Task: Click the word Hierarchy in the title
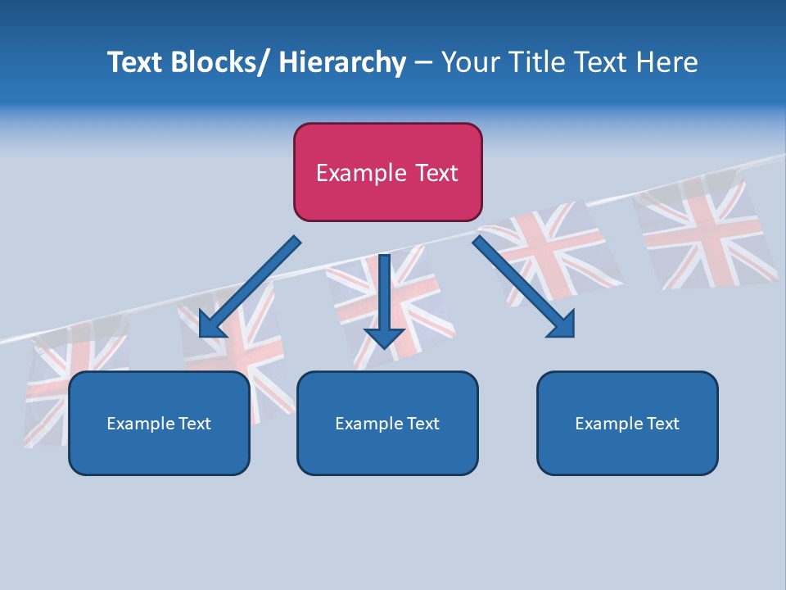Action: pos(342,63)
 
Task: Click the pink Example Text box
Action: pos(387,173)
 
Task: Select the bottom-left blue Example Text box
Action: pos(159,424)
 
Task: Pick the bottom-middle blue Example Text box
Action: pos(387,424)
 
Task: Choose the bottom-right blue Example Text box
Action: pos(627,424)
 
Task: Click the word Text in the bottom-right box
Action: pos(662,424)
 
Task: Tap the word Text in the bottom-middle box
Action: pos(422,424)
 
